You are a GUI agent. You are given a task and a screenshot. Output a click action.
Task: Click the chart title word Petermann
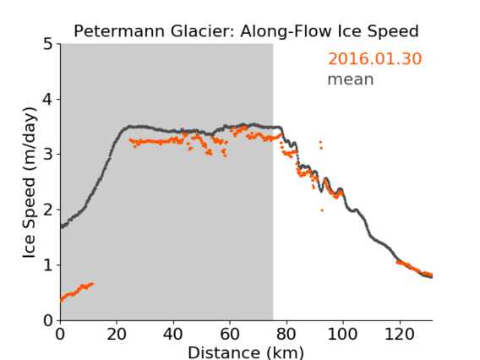[x=120, y=31]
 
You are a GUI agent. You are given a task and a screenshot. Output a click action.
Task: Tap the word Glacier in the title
[x=204, y=31]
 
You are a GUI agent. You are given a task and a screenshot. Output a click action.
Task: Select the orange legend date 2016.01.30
[x=374, y=59]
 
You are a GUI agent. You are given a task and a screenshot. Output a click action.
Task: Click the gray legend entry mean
[x=351, y=79]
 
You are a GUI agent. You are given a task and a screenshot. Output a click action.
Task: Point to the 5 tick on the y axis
[x=48, y=45]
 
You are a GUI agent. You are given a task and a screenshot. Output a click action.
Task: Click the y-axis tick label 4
[x=48, y=100]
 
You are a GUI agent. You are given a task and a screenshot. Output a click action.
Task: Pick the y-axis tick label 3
[x=48, y=155]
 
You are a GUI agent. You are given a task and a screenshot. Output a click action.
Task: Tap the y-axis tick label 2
[x=48, y=210]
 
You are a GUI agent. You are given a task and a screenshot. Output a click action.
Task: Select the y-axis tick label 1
[x=48, y=265]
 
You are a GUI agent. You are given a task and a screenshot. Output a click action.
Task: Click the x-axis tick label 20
[x=117, y=334]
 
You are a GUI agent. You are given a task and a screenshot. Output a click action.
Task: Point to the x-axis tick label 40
[x=173, y=334]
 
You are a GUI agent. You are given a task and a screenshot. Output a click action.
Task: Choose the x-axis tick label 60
[x=229, y=334]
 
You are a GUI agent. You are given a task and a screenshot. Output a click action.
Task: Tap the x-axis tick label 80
[x=286, y=334]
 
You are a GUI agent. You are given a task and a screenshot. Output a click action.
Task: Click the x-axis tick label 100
[x=342, y=334]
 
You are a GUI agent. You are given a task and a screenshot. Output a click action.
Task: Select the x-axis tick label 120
[x=399, y=334]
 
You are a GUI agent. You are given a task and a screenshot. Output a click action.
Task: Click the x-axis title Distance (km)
[x=246, y=352]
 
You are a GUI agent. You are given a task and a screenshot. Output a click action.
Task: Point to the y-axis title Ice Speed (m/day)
[x=30, y=183]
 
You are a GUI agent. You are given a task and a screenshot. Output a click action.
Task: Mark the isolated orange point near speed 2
[x=322, y=210]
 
